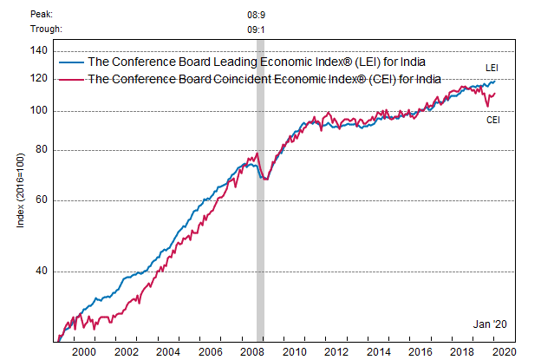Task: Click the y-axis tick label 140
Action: coord(37,50)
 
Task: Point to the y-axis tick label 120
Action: coord(37,79)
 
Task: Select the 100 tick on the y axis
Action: coord(37,111)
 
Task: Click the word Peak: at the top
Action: coord(42,14)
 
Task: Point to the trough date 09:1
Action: coord(257,29)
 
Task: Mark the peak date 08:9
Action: coord(257,14)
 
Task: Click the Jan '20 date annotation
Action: coord(489,324)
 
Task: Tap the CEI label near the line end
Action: coord(492,119)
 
